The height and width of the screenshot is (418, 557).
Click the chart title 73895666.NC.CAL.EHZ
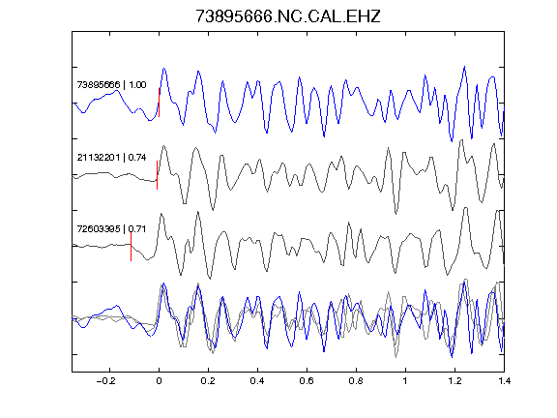click(x=288, y=16)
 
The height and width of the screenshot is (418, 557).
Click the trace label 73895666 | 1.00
click(x=111, y=84)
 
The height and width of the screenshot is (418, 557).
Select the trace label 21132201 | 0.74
click(x=111, y=157)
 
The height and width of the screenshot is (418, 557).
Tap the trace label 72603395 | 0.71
click(x=111, y=228)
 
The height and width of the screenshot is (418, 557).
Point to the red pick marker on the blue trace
click(x=160, y=103)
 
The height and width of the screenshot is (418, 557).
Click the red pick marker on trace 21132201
click(x=157, y=175)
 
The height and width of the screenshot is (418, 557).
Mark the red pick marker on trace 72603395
click(x=132, y=247)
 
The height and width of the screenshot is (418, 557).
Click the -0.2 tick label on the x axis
click(x=105, y=381)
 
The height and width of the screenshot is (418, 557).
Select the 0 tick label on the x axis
click(x=159, y=381)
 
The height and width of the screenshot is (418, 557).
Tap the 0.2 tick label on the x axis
click(x=208, y=381)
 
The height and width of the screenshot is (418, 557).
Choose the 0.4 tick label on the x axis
click(x=257, y=381)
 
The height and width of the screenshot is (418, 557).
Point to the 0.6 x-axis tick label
click(x=307, y=381)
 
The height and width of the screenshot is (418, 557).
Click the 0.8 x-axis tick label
click(x=356, y=381)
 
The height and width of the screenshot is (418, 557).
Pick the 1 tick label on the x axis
click(x=405, y=381)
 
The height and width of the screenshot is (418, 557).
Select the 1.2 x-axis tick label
click(x=454, y=381)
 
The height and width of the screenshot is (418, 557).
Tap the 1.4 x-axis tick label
click(x=504, y=381)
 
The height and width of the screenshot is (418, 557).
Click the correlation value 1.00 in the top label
click(x=137, y=84)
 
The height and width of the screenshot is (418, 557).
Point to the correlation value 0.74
click(x=137, y=157)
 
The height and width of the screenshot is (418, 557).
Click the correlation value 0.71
click(x=137, y=228)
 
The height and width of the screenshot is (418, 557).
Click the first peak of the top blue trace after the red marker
click(x=163, y=69)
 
